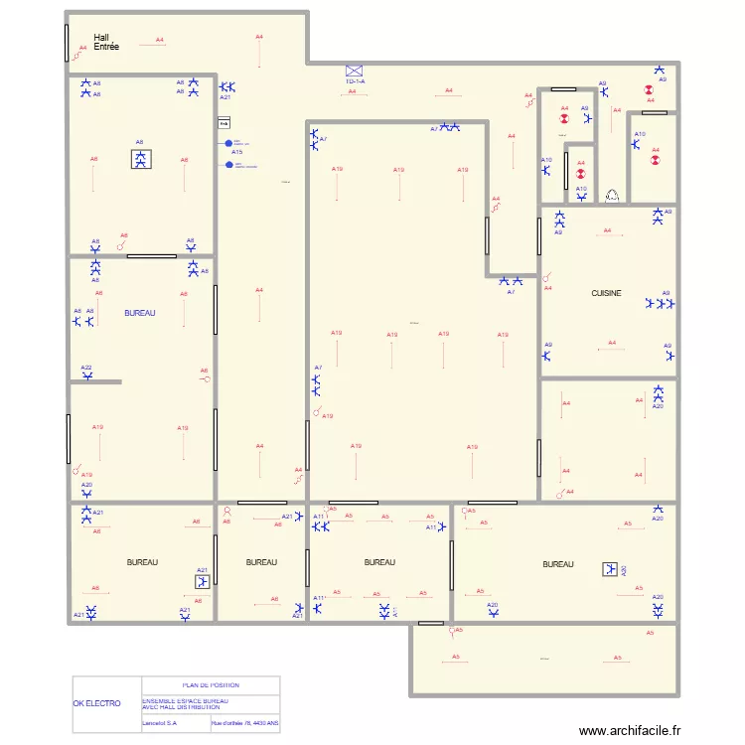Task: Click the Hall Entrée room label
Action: (106, 42)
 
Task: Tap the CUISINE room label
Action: (606, 293)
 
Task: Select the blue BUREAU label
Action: (140, 313)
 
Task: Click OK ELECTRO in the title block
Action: (97, 703)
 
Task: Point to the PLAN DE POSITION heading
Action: (211, 685)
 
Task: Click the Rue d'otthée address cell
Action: (244, 724)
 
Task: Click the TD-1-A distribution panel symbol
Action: (355, 72)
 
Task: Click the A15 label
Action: (237, 152)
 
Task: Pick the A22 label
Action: (86, 368)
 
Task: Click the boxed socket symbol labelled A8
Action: (140, 159)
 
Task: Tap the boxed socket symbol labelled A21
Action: (203, 584)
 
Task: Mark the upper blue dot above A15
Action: (229, 142)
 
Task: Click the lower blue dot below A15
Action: (229, 165)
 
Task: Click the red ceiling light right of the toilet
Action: (655, 156)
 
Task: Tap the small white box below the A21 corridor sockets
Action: (223, 123)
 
